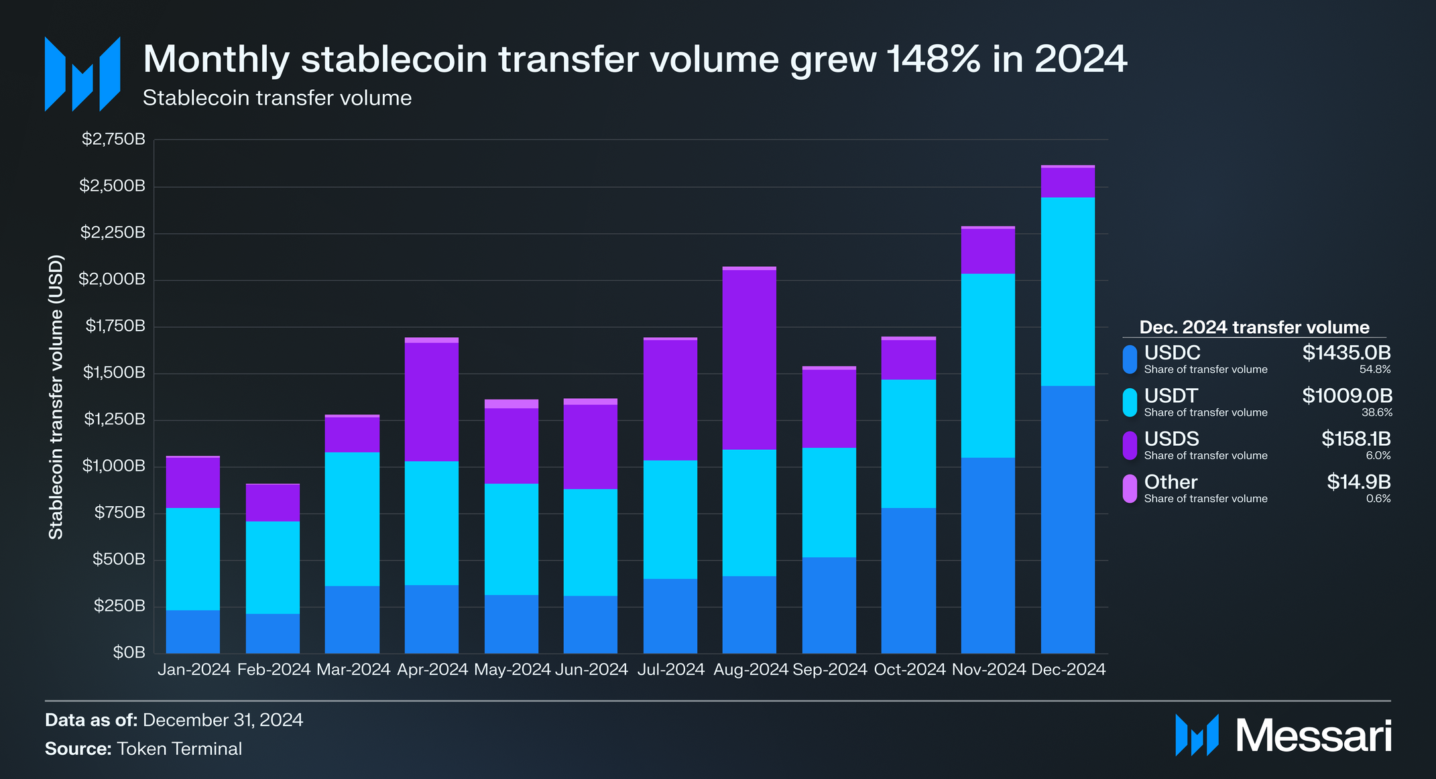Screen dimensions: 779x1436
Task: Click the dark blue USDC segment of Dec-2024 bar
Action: point(1067,520)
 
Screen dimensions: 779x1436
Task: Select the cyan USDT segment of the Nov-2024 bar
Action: point(988,365)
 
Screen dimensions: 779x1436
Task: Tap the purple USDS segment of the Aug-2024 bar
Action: point(749,359)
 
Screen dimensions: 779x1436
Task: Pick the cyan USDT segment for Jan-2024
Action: point(192,558)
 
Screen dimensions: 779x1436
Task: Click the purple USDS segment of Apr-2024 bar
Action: point(431,402)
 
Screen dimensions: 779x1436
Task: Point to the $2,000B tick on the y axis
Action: point(112,280)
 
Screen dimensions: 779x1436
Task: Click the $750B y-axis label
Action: point(119,513)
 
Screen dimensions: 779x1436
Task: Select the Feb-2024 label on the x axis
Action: point(274,669)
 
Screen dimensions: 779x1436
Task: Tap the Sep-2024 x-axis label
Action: point(829,669)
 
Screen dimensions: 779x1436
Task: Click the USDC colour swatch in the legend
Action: point(1130,359)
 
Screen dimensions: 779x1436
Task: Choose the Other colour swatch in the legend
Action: point(1130,489)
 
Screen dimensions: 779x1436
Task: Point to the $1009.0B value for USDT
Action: point(1347,396)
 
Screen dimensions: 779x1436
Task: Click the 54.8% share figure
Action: point(1374,369)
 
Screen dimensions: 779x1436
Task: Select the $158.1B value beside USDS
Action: point(1356,439)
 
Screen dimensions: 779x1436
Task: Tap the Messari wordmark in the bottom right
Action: point(1313,736)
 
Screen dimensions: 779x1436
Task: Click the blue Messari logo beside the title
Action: point(82,74)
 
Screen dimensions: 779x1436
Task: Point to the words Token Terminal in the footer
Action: point(179,749)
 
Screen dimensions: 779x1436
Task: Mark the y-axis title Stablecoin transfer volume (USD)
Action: point(56,397)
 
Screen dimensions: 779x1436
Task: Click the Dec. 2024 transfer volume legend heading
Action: point(1254,327)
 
